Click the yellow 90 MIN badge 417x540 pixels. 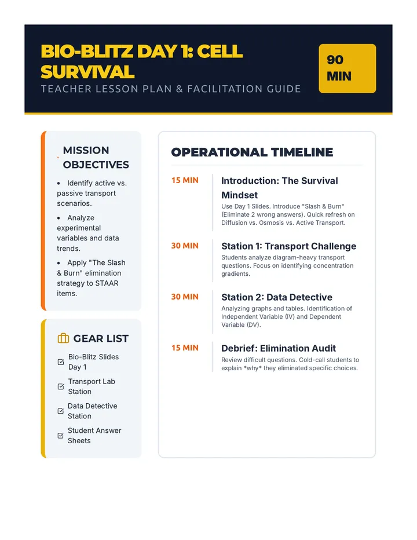347,68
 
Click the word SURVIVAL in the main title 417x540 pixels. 87,72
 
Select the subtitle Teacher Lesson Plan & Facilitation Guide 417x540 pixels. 171,89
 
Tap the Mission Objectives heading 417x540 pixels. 96,158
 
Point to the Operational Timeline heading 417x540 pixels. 252,152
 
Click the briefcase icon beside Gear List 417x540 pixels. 63,338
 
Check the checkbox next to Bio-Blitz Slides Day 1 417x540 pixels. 61,362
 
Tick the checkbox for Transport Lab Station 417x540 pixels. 61,386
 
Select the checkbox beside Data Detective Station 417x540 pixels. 61,411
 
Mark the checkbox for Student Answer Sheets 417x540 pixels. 61,436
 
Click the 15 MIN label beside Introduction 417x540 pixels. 185,180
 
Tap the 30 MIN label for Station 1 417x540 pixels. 185,246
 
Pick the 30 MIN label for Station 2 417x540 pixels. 185,297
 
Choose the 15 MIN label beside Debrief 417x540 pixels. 185,348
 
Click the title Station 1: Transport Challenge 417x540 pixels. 288,246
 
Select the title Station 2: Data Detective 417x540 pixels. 277,297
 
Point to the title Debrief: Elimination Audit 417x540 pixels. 279,348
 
